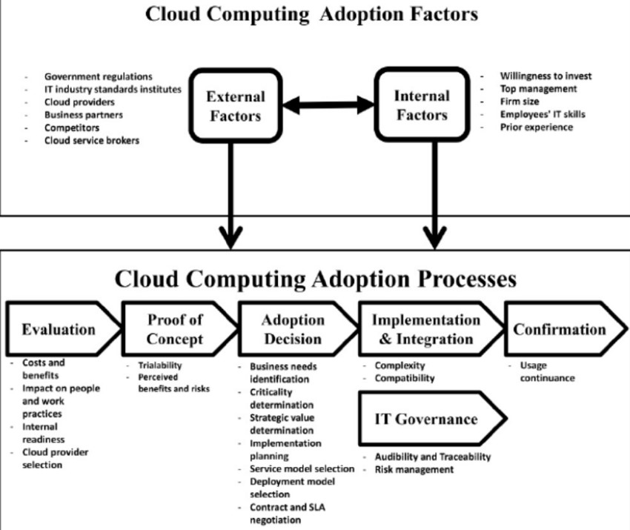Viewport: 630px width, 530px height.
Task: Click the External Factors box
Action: coord(235,106)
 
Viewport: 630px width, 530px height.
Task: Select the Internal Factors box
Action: coord(420,105)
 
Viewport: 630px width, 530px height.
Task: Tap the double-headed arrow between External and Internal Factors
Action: coord(328,106)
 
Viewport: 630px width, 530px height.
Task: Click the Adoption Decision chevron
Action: coord(294,330)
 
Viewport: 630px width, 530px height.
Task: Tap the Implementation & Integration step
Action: coord(425,330)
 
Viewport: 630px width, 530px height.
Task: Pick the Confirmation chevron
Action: coord(560,330)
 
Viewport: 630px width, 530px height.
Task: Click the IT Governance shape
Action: coord(425,420)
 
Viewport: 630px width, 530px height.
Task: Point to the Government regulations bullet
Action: coord(98,76)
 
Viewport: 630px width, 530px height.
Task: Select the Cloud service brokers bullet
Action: coord(91,140)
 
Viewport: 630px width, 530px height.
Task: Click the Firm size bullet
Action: coord(519,102)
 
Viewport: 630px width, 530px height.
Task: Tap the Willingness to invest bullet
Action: coord(546,76)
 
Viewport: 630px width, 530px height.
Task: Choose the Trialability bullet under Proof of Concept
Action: coord(159,365)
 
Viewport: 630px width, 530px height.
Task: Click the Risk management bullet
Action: coord(414,469)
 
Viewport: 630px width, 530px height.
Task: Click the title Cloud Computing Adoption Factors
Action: coord(311,13)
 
